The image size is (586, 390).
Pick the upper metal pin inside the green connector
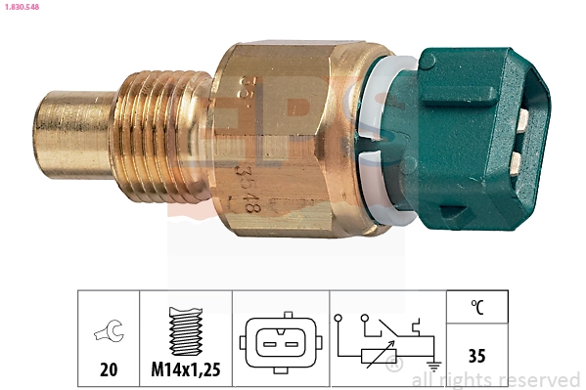[523, 121]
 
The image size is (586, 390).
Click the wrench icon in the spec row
[108, 334]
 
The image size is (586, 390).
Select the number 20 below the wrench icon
[108, 369]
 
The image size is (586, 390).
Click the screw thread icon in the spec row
[186, 332]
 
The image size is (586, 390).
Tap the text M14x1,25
[186, 369]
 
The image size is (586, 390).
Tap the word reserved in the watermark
[542, 379]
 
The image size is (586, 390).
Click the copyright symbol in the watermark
[394, 367]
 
